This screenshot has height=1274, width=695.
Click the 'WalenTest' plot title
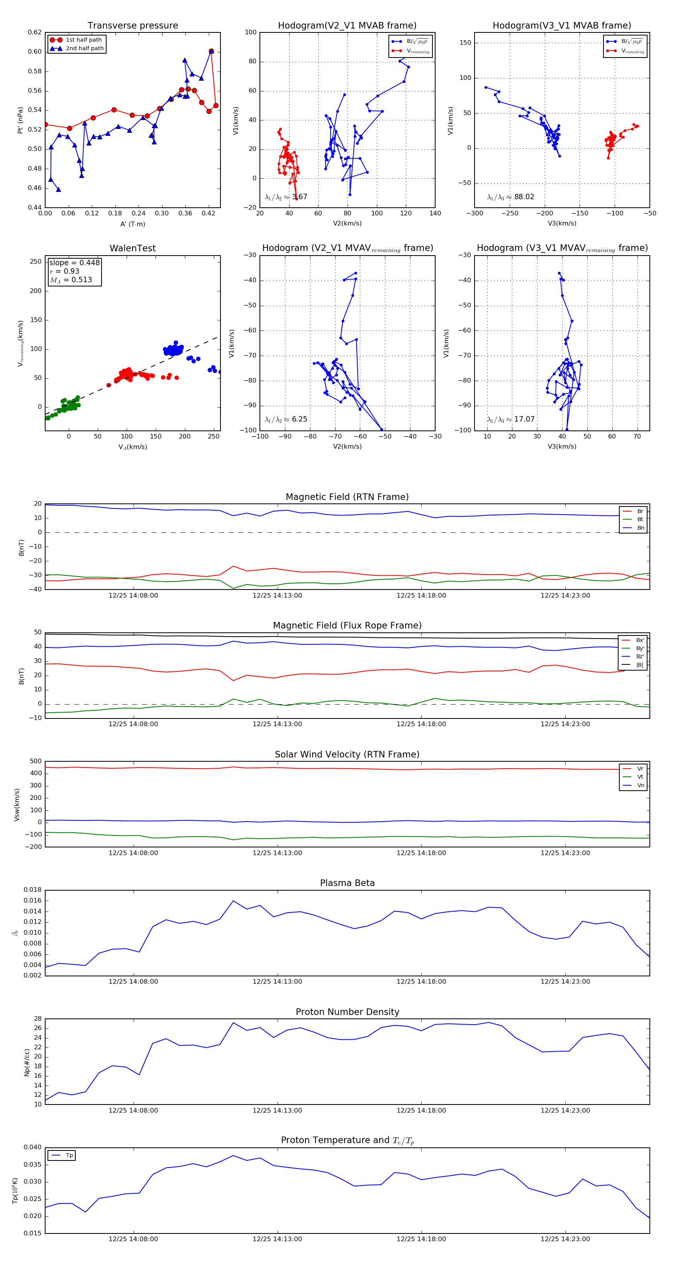point(132,248)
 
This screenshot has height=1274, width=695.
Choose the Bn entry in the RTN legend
point(640,528)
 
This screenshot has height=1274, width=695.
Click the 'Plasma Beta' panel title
point(347,883)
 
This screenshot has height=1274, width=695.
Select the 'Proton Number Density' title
point(347,1012)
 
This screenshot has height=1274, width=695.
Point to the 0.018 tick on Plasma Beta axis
point(33,890)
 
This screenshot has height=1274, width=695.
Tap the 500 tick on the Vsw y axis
point(36,761)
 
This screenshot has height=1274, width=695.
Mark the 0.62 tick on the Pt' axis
point(35,33)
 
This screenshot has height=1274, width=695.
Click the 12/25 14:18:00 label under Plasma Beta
point(421,982)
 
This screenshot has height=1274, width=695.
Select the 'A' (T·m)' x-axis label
point(132,224)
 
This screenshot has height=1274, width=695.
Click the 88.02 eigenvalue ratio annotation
point(524,197)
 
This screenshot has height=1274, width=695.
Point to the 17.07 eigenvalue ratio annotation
point(524,419)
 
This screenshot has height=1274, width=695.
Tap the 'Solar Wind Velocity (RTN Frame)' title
point(347,755)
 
